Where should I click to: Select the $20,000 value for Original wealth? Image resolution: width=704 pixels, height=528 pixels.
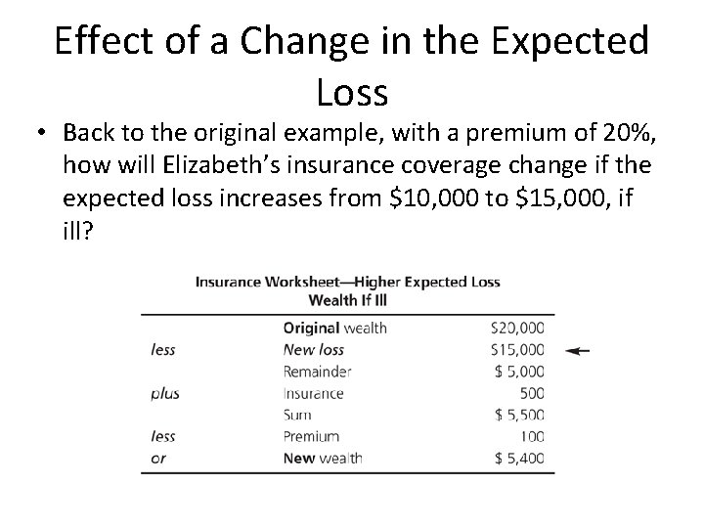click(x=518, y=328)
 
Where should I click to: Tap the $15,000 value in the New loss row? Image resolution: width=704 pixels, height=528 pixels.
click(x=518, y=349)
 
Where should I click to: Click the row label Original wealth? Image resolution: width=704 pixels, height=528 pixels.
click(x=334, y=328)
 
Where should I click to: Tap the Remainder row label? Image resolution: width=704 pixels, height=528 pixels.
click(x=317, y=372)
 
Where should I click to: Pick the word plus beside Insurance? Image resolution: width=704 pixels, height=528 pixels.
click(x=165, y=393)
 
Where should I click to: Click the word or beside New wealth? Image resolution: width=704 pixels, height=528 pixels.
click(x=158, y=458)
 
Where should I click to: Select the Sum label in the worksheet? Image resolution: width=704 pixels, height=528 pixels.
click(x=297, y=415)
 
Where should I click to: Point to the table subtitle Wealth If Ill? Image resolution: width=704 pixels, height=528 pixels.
click(x=347, y=299)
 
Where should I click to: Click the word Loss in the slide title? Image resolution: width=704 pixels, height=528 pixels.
click(x=352, y=92)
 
